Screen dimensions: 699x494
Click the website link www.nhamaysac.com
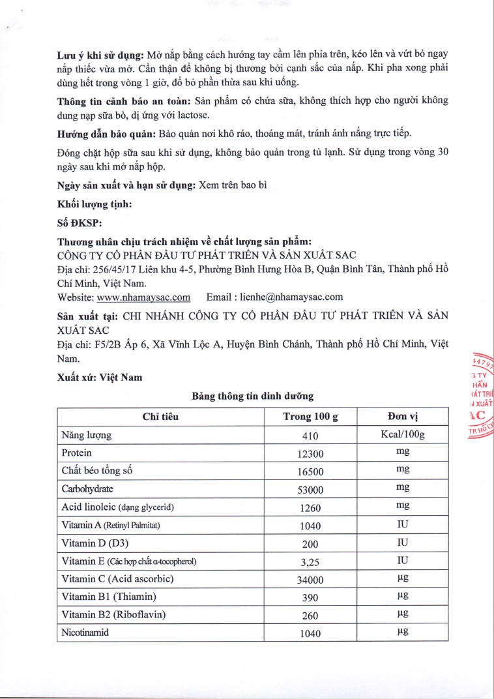[x=143, y=297]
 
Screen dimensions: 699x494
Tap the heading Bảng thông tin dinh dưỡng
[x=252, y=396]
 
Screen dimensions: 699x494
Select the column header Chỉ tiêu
[x=160, y=417]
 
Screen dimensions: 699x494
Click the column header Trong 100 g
[x=311, y=417]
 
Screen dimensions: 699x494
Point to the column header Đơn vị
[x=403, y=417]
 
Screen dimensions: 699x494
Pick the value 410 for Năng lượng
[x=311, y=436]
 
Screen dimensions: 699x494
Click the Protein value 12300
[x=311, y=453]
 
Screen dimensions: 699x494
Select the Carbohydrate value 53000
[x=311, y=490]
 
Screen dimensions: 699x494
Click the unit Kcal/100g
[x=403, y=435]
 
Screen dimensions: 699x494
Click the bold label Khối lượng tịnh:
[x=94, y=204]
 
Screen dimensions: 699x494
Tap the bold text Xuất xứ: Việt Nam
[x=100, y=378]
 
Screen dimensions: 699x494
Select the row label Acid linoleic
[x=117, y=507]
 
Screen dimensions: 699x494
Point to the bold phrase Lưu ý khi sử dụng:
[x=100, y=55]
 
